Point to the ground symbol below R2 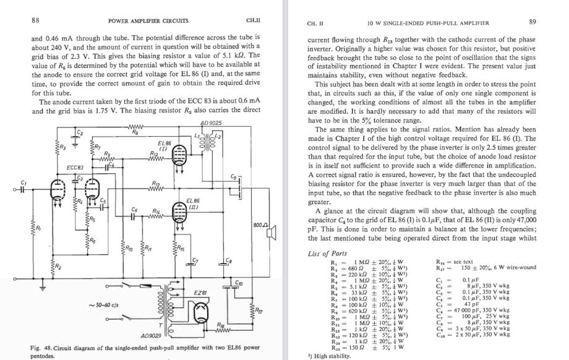(44, 288)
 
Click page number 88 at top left (35, 20)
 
